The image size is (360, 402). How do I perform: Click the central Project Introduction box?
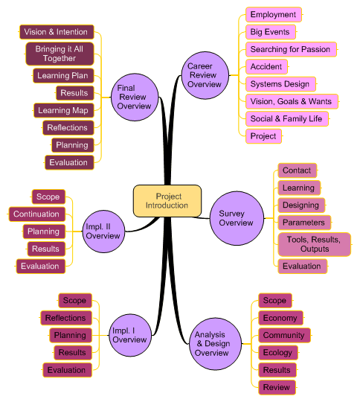pyautogui.click(x=167, y=201)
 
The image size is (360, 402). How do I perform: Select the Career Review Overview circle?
pyautogui.click(x=205, y=75)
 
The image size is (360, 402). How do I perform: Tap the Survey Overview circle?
pyautogui.click(x=236, y=218)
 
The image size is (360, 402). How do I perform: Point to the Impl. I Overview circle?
pyautogui.click(x=129, y=335)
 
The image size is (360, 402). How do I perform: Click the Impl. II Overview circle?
pyautogui.click(x=103, y=232)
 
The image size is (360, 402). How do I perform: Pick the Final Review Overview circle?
pyautogui.click(x=134, y=98)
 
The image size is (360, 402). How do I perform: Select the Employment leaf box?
pyautogui.click(x=273, y=15)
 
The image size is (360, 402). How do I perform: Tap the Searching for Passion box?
pyautogui.click(x=290, y=49)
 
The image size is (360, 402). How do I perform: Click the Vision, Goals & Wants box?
pyautogui.click(x=291, y=101)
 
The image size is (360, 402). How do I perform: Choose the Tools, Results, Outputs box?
pyautogui.click(x=314, y=244)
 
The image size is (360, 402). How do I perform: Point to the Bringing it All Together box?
pyautogui.click(x=60, y=54)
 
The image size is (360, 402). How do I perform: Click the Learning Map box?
pyautogui.click(x=64, y=110)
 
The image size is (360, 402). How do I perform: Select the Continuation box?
pyautogui.click(x=36, y=214)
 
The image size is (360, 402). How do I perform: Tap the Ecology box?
pyautogui.click(x=277, y=352)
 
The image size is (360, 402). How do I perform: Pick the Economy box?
pyautogui.click(x=280, y=318)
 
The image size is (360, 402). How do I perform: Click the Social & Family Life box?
pyautogui.click(x=286, y=118)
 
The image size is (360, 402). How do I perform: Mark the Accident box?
pyautogui.click(x=266, y=66)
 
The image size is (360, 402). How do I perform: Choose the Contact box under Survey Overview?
pyautogui.click(x=297, y=170)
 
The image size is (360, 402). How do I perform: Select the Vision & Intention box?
pyautogui.click(x=56, y=32)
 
